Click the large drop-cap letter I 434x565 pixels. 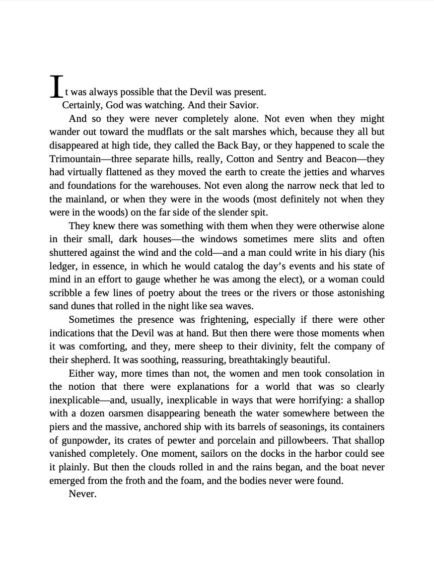[57, 87]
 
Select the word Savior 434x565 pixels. [245, 105]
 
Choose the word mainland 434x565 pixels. [87, 199]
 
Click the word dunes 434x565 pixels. [88, 306]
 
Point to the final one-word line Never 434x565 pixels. [82, 494]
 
